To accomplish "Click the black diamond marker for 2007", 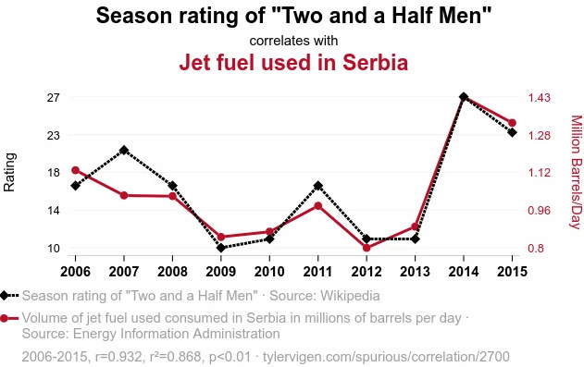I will click(124, 150).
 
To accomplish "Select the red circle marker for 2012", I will click(367, 248).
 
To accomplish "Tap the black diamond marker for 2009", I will click(221, 248).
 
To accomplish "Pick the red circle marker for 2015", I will click(512, 122).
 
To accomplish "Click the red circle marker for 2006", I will click(76, 170).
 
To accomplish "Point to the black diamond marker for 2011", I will click(317, 186).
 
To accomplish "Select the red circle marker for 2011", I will click(317, 205).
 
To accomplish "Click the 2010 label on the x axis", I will click(269, 271).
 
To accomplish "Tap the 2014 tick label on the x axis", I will click(464, 271).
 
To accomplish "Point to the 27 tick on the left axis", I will click(53, 97).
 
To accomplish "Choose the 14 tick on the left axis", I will click(53, 211).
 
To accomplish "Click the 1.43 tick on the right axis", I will click(540, 97).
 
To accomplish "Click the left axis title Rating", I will click(10, 172).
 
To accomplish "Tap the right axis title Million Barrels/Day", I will click(575, 172).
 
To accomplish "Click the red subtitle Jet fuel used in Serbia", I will click(293, 63).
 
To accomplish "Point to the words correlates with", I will click(293, 41).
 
